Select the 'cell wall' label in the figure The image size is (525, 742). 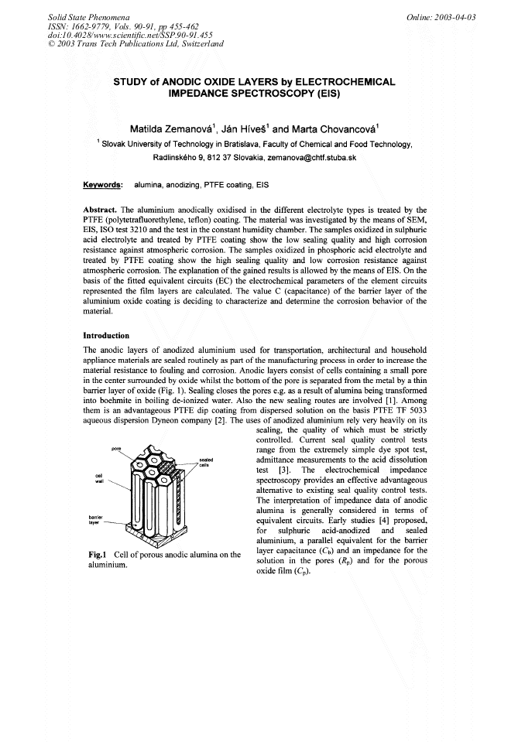click(98, 478)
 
